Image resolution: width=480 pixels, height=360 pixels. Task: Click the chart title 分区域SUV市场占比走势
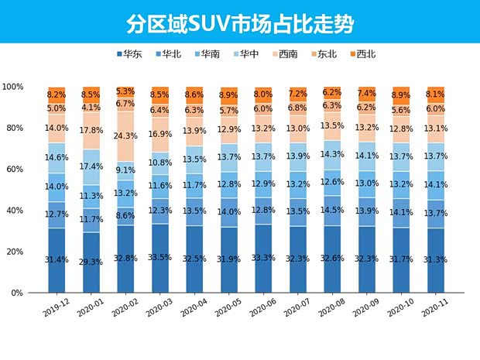pos(240,23)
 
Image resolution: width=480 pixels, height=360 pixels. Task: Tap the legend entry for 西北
pos(362,54)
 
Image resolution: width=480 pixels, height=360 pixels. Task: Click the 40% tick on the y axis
pos(16,211)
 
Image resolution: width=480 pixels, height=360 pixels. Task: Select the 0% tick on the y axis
pos(19,293)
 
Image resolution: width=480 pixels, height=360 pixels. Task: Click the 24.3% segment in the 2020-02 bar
pos(126,136)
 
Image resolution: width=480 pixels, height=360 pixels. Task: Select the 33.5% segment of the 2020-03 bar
pos(161,259)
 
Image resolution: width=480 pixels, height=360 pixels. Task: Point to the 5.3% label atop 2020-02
pos(126,91)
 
